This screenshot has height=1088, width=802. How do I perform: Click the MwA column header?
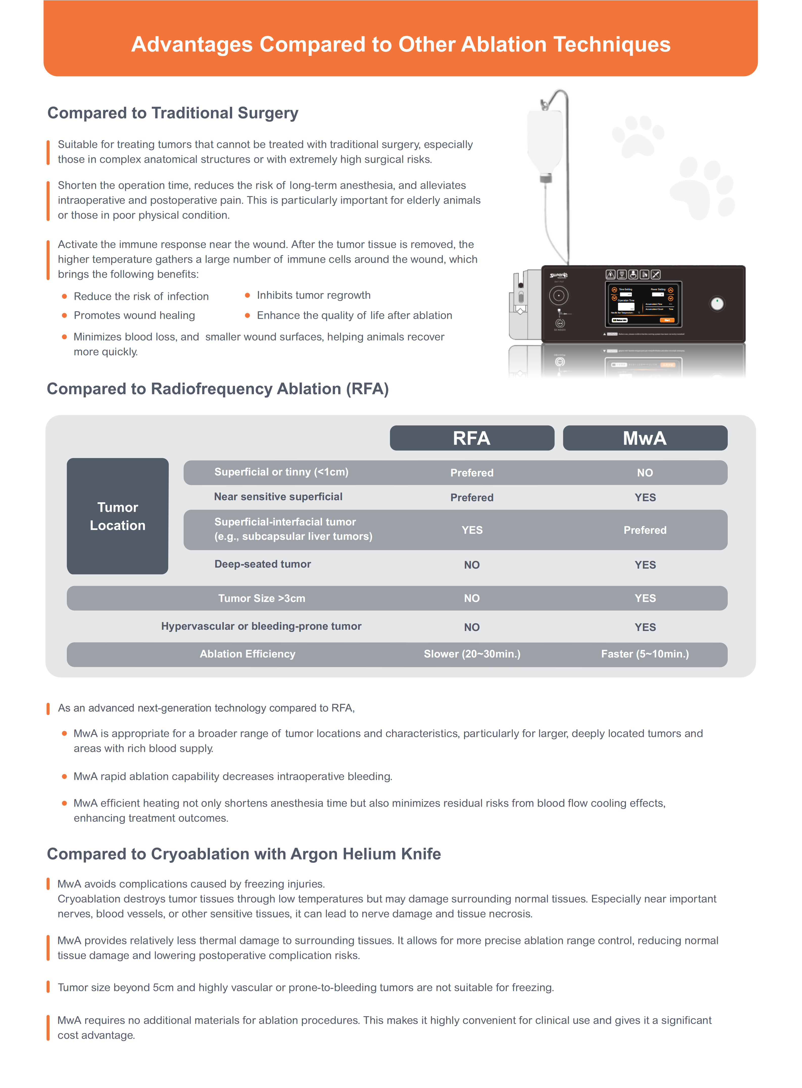645,438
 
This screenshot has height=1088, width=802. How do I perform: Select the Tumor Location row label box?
117,516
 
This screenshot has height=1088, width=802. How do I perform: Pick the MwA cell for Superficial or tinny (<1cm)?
645,473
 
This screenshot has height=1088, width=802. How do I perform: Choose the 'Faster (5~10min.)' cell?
645,654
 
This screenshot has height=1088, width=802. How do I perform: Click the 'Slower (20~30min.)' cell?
472,654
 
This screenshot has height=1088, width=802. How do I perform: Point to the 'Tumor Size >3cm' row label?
262,598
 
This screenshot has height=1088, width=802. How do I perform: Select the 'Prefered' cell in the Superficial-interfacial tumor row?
645,530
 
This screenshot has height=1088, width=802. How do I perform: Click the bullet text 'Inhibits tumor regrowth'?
314,295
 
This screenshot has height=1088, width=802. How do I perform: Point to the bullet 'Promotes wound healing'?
134,315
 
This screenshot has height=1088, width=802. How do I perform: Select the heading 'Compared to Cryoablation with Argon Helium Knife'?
244,854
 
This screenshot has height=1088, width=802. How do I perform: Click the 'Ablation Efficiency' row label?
248,654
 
